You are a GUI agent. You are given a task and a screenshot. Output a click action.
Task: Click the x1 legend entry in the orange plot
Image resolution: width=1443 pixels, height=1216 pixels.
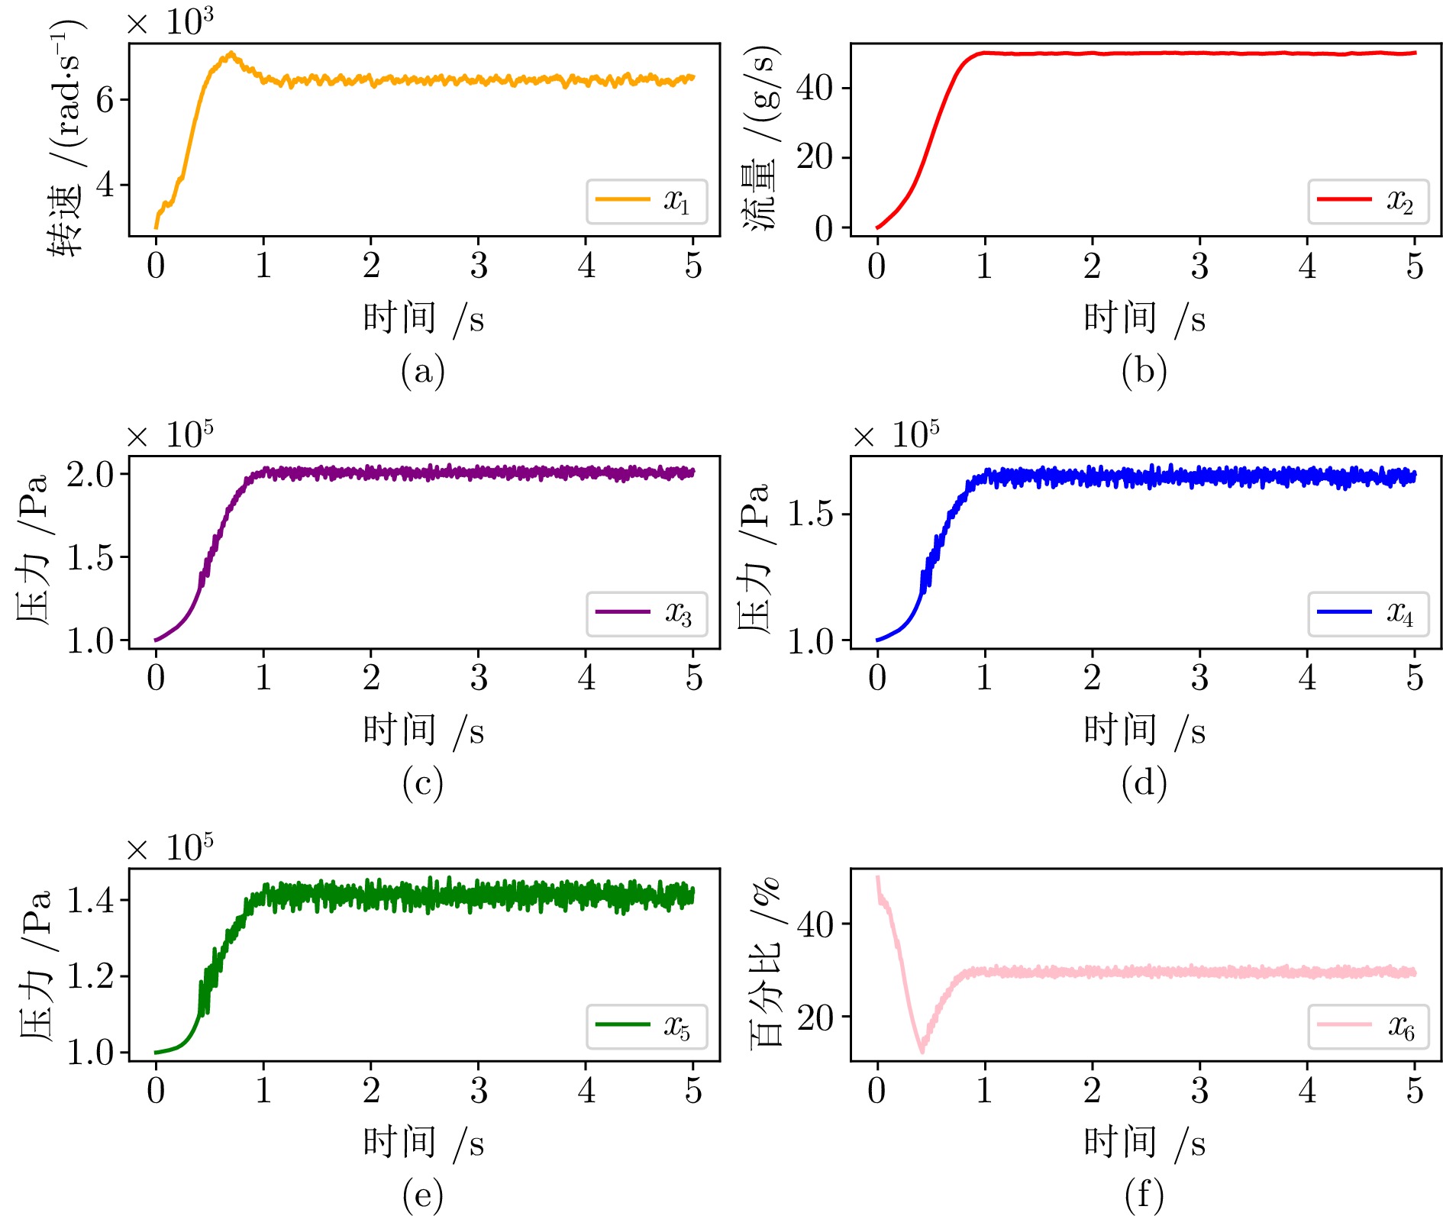coord(647,202)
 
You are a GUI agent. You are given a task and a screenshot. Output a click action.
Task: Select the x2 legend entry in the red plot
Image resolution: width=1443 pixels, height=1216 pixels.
coord(1368,202)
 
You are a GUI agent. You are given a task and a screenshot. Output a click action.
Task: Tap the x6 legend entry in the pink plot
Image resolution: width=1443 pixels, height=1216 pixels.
coord(1368,1026)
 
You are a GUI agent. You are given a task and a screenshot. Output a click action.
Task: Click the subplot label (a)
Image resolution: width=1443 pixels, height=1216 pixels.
coord(422,371)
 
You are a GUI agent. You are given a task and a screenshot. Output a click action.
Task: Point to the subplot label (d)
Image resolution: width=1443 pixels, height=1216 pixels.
coord(1144,783)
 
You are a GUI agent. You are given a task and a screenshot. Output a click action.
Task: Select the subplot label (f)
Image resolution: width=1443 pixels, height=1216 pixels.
coord(1144,1195)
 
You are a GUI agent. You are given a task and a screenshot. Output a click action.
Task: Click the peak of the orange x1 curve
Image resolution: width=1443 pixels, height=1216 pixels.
coord(231,53)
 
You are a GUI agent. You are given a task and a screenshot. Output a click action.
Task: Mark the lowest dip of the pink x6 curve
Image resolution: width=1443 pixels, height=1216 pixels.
coord(922,1052)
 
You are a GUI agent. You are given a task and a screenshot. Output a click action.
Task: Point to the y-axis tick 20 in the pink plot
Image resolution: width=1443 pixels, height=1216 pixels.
coord(815,1017)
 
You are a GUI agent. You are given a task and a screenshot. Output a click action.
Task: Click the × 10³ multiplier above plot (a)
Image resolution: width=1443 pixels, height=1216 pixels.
coord(169,21)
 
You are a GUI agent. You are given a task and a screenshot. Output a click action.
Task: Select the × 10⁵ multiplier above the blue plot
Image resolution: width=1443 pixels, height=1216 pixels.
coord(896,435)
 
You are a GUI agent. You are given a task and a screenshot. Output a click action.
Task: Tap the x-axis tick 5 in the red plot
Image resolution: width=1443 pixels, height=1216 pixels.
coord(1415,266)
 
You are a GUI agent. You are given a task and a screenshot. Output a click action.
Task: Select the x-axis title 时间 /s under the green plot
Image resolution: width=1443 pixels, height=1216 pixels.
coord(422,1143)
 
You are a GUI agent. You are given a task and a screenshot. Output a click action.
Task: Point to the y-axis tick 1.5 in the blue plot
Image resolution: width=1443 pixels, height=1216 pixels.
coord(811,514)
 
